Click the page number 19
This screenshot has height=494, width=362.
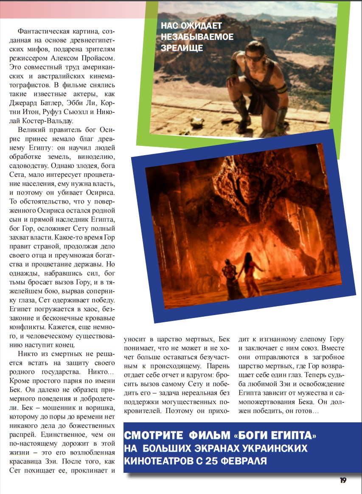tap(343, 480)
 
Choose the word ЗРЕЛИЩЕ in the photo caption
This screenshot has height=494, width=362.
tap(182, 48)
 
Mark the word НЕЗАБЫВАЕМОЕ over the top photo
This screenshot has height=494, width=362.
tap(197, 37)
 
